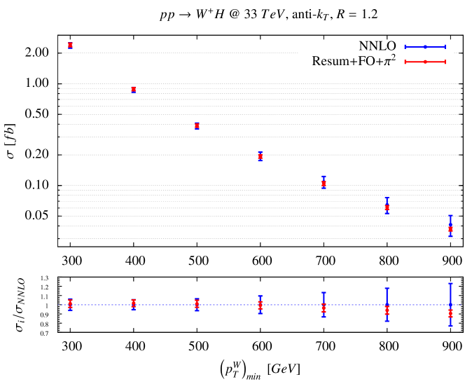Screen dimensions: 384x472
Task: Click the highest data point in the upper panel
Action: pyautogui.click(x=70, y=45)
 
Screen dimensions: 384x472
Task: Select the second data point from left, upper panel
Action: pyautogui.click(x=133, y=89)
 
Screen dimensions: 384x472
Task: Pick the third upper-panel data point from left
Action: pyautogui.click(x=197, y=125)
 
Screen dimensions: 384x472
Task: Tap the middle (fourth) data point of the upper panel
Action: pyautogui.click(x=260, y=156)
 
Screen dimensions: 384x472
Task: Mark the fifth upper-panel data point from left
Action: pyautogui.click(x=324, y=183)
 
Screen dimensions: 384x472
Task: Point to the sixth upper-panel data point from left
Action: pyautogui.click(x=387, y=207)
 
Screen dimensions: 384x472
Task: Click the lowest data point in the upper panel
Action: pyautogui.click(x=450, y=228)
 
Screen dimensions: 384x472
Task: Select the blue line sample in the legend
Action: pyautogui.click(x=424, y=46)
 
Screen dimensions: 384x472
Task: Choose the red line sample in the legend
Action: pyautogui.click(x=424, y=62)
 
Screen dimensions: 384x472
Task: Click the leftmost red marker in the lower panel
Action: pyautogui.click(x=70, y=303)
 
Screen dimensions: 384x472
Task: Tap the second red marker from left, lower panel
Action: pyautogui.click(x=133, y=303)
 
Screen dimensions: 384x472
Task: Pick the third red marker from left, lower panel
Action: pyautogui.click(x=197, y=304)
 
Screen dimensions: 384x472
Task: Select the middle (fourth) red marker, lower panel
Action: pyautogui.click(x=260, y=306)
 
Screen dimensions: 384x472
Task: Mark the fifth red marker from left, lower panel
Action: pyautogui.click(x=324, y=308)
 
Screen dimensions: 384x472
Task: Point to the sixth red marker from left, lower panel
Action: pyautogui.click(x=387, y=310)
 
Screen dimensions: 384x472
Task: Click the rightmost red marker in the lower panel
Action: pyautogui.click(x=450, y=314)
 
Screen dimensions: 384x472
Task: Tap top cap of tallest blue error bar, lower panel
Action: pyautogui.click(x=450, y=284)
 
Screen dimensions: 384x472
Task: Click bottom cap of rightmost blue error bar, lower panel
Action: pyautogui.click(x=450, y=326)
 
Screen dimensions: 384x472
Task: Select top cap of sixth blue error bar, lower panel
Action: pyautogui.click(x=387, y=288)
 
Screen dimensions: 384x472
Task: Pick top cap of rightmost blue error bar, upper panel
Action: pyautogui.click(x=450, y=215)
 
